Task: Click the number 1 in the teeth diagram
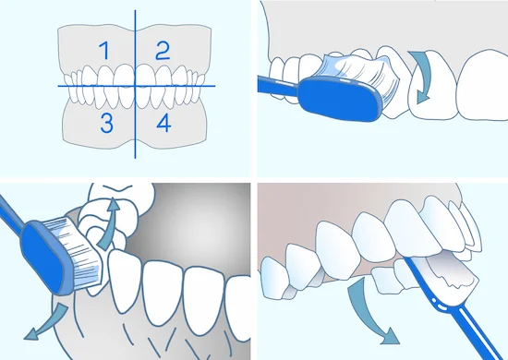click(x=104, y=51)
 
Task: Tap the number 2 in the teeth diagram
click(x=163, y=51)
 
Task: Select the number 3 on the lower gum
click(x=106, y=124)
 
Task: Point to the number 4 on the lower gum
click(x=163, y=124)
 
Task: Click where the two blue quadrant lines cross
click(x=135, y=86)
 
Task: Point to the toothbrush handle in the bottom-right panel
click(x=454, y=307)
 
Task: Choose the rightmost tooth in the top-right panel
click(x=483, y=85)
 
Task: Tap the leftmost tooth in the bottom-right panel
click(x=274, y=278)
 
